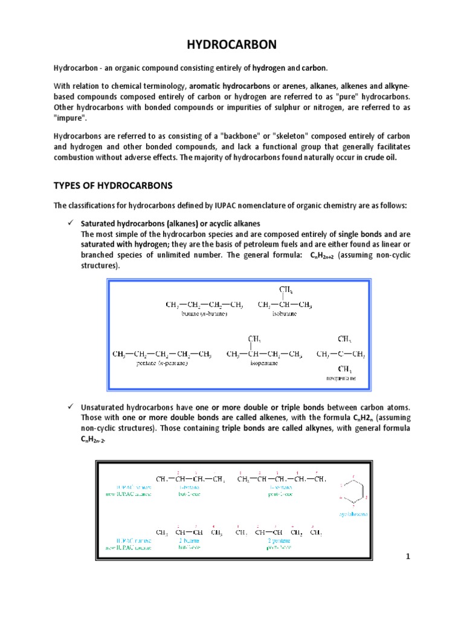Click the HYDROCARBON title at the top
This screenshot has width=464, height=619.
click(x=232, y=45)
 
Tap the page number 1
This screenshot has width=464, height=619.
click(x=408, y=556)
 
